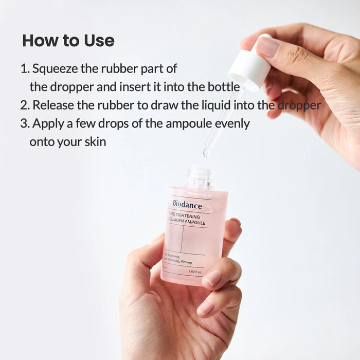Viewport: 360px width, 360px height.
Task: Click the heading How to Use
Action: pyautogui.click(x=68, y=41)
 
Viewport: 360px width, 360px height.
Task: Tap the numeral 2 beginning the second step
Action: pyautogui.click(x=24, y=105)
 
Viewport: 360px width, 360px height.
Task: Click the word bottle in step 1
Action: pyautogui.click(x=222, y=87)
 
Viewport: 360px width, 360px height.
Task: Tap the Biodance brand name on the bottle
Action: pyautogui.click(x=187, y=205)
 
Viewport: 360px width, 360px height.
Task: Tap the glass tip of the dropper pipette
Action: pyautogui.click(x=207, y=151)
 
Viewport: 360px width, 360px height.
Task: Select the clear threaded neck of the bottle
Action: pyautogui.click(x=200, y=176)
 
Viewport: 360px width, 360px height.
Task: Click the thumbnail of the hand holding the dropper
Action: pyautogui.click(x=267, y=47)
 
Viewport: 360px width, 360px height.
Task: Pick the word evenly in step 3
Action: pyautogui.click(x=232, y=124)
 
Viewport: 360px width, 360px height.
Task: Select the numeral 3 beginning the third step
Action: pyautogui.click(x=24, y=124)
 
